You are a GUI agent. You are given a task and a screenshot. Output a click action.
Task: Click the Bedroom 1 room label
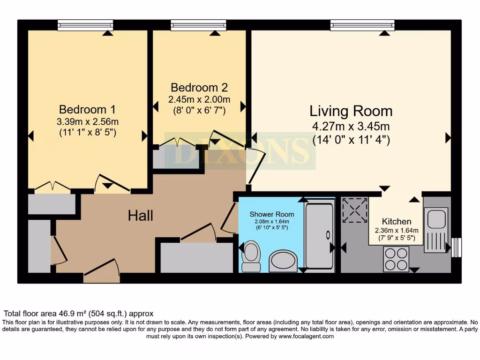[88, 110]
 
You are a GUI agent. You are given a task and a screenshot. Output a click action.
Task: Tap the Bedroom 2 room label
[199, 88]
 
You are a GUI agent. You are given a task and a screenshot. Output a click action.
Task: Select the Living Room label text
[351, 112]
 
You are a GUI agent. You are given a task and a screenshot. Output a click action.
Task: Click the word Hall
[141, 216]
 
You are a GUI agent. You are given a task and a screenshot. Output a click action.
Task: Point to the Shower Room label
[272, 214]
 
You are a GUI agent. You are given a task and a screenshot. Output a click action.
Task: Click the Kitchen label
[397, 221]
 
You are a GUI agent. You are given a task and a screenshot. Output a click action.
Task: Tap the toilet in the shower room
[252, 256]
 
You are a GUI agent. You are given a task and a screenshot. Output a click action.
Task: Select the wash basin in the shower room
[284, 261]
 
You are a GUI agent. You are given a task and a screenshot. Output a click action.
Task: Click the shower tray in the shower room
[319, 236]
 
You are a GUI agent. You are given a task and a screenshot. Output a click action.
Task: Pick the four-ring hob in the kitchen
[396, 259]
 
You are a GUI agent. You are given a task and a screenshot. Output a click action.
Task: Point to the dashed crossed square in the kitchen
[355, 210]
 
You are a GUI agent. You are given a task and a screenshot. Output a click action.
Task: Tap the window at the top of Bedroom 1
[85, 25]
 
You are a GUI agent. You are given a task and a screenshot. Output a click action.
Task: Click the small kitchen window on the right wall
[456, 247]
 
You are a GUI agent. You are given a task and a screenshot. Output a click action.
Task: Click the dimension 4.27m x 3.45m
[351, 127]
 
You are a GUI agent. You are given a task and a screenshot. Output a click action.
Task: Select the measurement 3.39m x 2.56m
[88, 122]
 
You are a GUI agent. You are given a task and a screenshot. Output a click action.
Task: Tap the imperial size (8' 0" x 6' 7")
[199, 111]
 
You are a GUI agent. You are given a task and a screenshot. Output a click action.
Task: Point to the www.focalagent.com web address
[306, 336]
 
